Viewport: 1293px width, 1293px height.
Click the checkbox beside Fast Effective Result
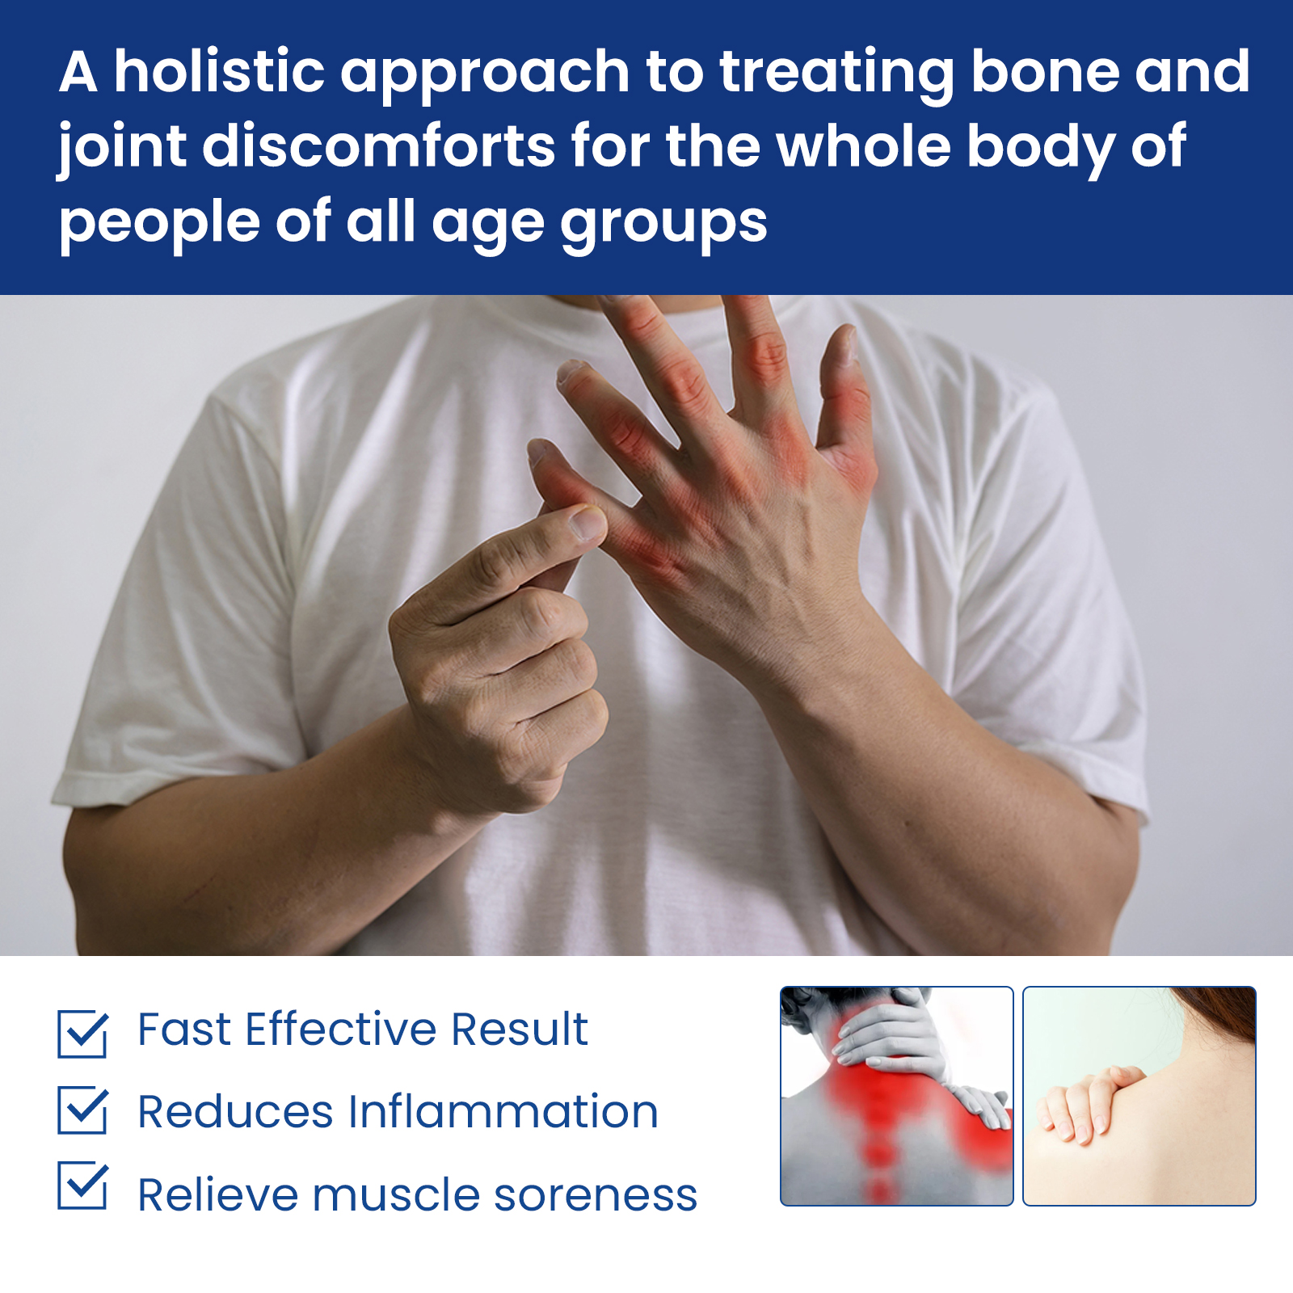click(x=82, y=1033)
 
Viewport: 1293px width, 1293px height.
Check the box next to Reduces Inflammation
click(x=82, y=1110)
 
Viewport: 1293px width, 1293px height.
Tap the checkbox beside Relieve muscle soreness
click(x=82, y=1185)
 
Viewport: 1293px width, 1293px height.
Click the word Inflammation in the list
click(x=503, y=1111)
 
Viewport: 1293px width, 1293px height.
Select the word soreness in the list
click(x=596, y=1196)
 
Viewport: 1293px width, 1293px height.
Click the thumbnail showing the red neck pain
click(x=896, y=1096)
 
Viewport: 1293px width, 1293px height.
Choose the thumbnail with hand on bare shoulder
click(x=1139, y=1096)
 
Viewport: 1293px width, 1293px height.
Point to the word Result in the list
click(x=520, y=1030)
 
